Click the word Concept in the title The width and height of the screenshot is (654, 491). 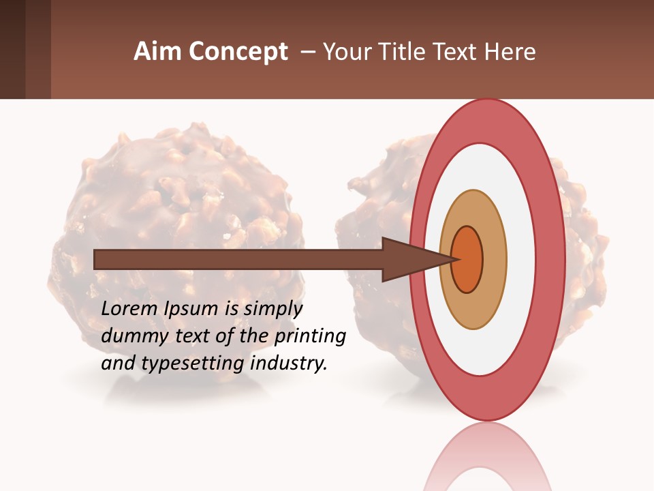[x=238, y=51]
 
